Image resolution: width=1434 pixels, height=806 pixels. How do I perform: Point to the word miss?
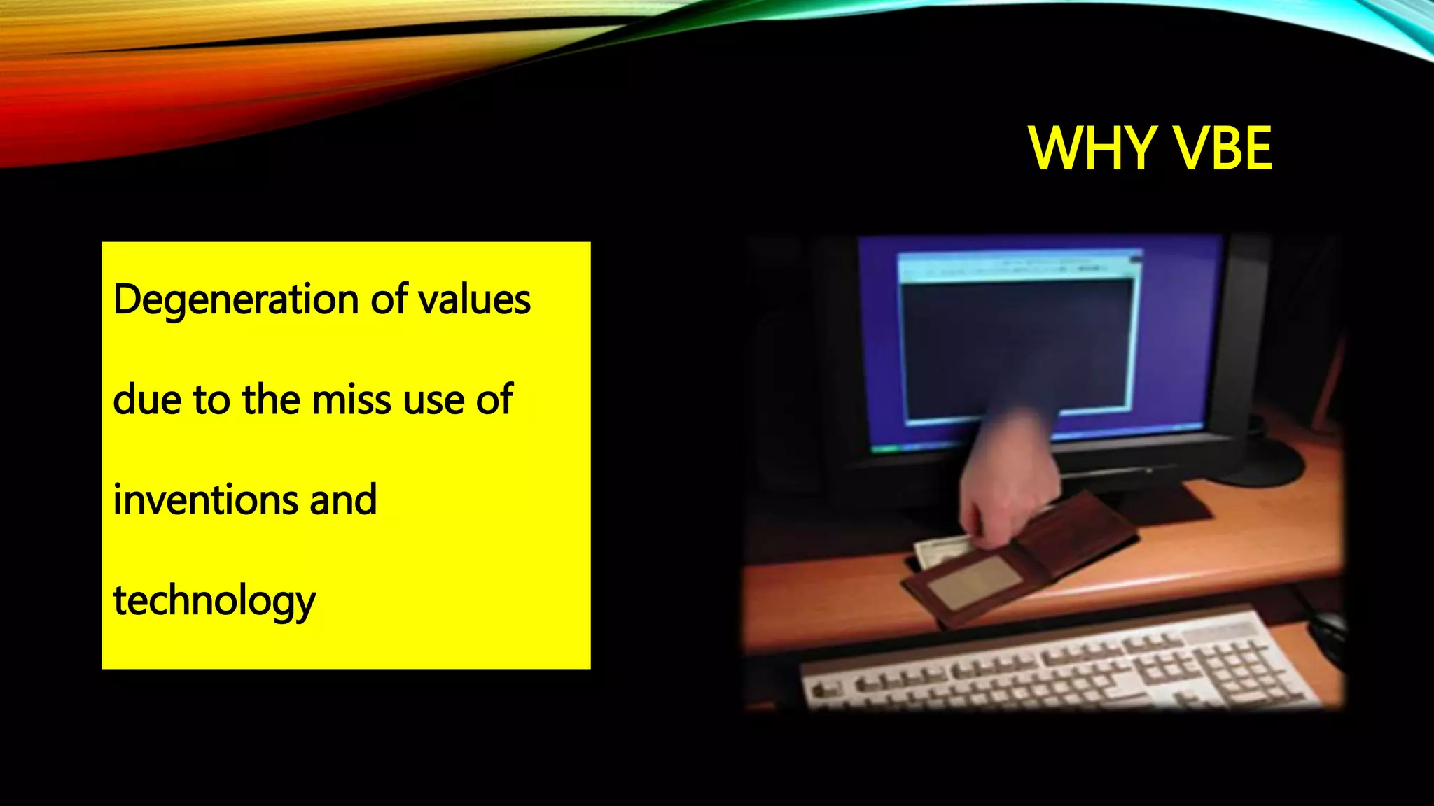352,400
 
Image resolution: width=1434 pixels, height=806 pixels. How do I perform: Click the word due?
147,400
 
